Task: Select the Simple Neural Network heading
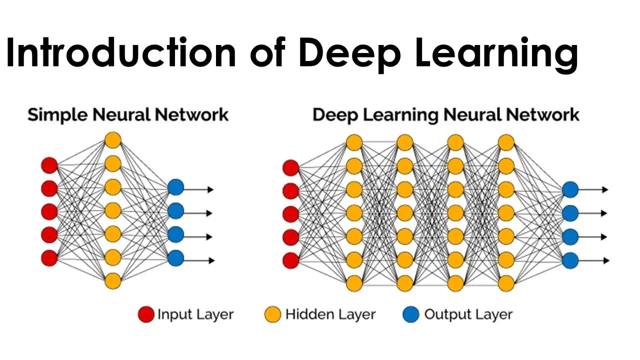pos(128,115)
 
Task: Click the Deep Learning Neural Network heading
pos(446,115)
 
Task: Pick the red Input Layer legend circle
pos(146,314)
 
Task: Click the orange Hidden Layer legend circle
pos(273,314)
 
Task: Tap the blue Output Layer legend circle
pos(411,314)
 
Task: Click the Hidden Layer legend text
pos(330,314)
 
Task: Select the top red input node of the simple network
pos(49,165)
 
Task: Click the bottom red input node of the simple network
pos(49,258)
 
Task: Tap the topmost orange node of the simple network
pos(113,140)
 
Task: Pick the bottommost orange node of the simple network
pos(113,281)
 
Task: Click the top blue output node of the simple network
pos(175,187)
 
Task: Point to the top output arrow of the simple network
pos(199,189)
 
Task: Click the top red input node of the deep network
pos(291,167)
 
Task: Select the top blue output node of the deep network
pos(570,189)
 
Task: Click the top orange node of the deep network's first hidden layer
pos(354,142)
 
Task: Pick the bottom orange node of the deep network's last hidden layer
pos(506,283)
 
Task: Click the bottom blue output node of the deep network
pos(570,260)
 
